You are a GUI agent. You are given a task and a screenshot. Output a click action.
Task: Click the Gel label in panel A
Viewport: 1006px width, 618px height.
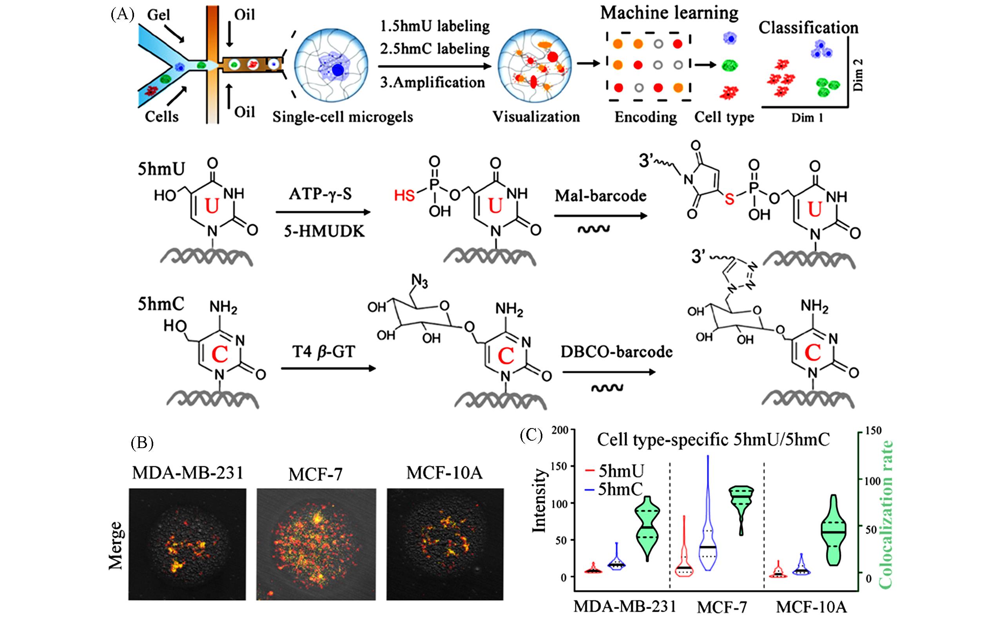click(158, 16)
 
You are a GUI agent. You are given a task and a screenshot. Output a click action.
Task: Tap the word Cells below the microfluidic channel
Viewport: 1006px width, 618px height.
click(162, 117)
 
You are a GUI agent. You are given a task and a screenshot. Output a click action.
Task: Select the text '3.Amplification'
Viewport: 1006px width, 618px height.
click(433, 82)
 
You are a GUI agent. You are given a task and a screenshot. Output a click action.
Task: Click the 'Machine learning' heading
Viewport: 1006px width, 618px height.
click(669, 13)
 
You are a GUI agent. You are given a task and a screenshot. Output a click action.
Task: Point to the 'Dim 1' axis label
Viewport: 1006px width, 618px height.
click(807, 118)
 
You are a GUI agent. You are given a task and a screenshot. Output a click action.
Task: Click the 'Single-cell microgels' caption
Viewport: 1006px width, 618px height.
click(343, 117)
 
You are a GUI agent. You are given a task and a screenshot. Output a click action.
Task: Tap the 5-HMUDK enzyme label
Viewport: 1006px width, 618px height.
click(324, 232)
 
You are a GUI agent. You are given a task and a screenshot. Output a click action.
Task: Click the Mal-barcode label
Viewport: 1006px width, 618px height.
click(600, 196)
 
